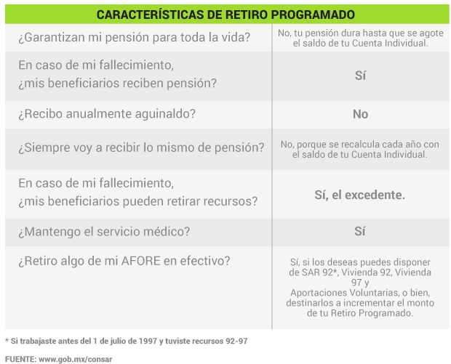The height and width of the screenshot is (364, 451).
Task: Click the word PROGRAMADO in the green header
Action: (x=313, y=15)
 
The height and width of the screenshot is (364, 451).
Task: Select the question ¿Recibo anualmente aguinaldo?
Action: (x=107, y=114)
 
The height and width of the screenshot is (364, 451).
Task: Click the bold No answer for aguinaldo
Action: (x=360, y=114)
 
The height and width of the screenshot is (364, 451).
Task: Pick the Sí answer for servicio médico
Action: (x=360, y=231)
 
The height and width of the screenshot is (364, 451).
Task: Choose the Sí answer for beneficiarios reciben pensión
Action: (x=360, y=76)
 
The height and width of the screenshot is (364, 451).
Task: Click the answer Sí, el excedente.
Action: (x=359, y=195)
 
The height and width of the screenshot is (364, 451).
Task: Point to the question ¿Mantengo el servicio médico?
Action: (x=104, y=232)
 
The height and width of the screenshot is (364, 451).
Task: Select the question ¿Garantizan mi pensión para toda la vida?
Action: (x=135, y=38)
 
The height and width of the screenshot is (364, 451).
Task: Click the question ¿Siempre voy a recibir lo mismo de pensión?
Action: (x=141, y=147)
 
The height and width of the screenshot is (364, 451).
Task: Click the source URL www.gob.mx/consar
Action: (x=76, y=360)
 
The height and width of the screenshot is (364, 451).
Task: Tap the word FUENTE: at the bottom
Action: (x=20, y=360)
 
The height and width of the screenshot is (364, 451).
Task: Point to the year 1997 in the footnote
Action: (x=148, y=341)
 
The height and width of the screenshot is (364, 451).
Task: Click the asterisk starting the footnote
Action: (x=7, y=341)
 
